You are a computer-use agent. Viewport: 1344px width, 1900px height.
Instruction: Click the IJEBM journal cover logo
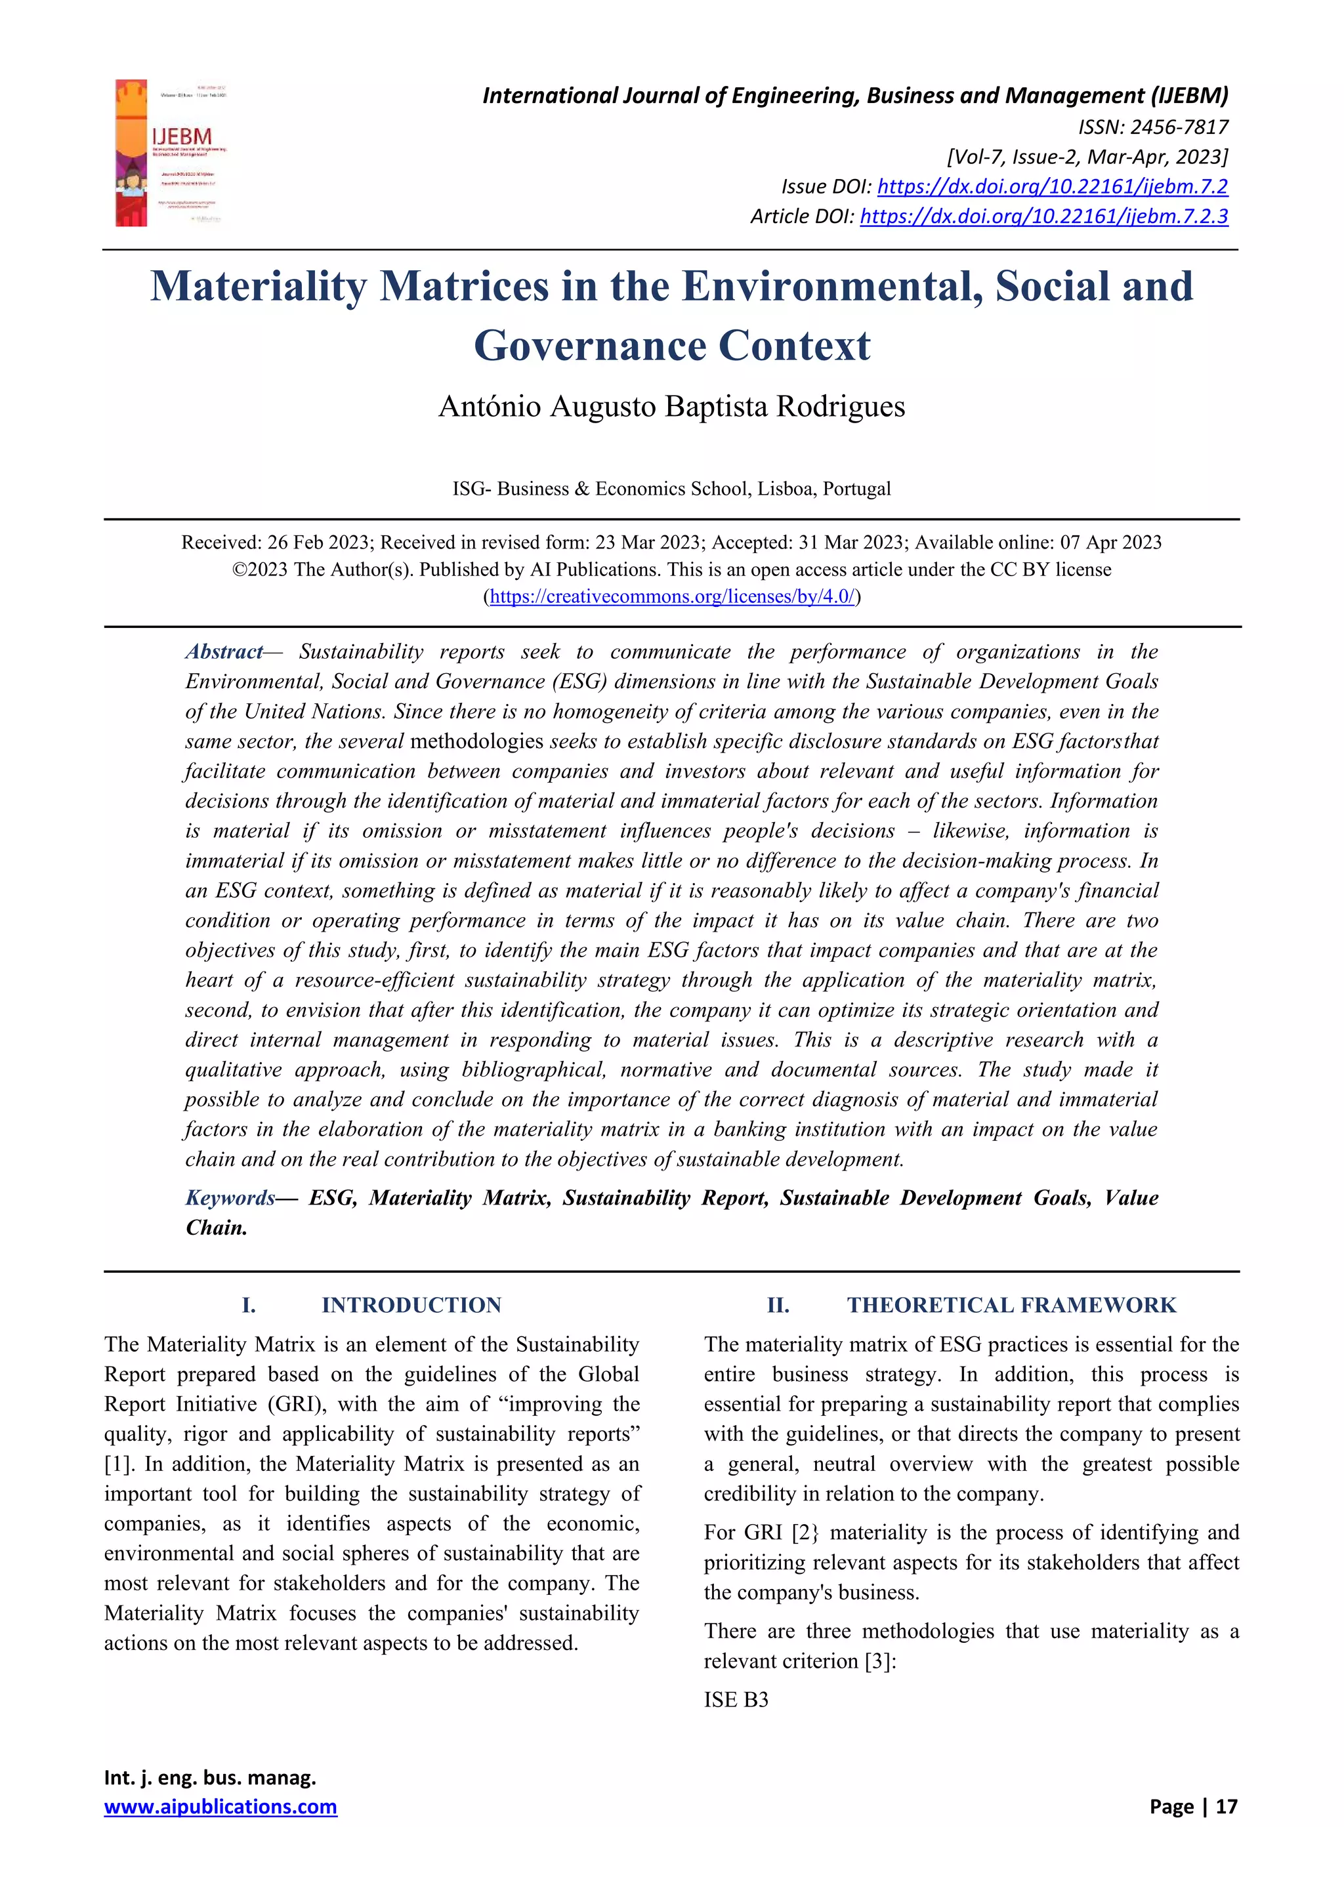click(x=171, y=153)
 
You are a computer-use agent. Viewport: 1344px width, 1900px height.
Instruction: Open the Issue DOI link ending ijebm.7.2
click(x=1052, y=186)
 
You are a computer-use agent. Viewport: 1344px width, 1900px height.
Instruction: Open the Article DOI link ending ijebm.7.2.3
click(x=1043, y=216)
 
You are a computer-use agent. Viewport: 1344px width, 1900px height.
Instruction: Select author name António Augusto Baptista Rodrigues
click(x=671, y=406)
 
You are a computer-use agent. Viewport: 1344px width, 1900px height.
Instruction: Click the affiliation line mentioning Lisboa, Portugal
click(x=671, y=488)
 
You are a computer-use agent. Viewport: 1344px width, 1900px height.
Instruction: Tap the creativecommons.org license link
click(x=671, y=596)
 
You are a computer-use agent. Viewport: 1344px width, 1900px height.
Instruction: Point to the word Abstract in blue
click(x=223, y=652)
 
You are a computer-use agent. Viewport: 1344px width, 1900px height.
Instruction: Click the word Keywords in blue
click(x=229, y=1197)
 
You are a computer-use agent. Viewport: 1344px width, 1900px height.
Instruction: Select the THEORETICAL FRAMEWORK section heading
click(x=1011, y=1305)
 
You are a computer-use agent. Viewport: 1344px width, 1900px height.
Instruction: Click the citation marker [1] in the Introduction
click(x=117, y=1464)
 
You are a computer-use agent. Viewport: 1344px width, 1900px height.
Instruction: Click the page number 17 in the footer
click(x=1227, y=1806)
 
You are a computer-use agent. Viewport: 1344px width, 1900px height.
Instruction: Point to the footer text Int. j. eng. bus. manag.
click(x=209, y=1777)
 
